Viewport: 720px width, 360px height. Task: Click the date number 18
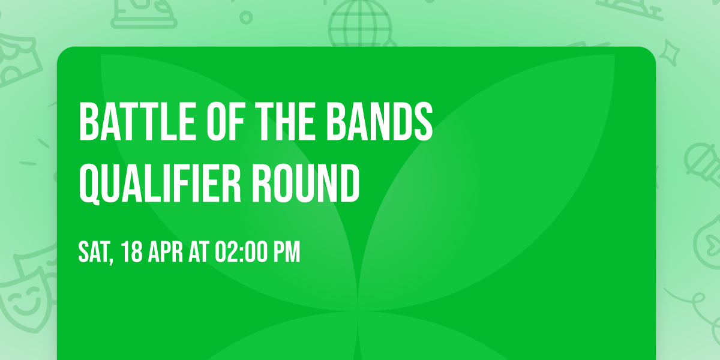coord(132,253)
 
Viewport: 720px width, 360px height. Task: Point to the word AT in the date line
coord(199,253)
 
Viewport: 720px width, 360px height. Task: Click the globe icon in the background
coord(359,24)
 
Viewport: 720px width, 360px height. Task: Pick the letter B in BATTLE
coord(88,122)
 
